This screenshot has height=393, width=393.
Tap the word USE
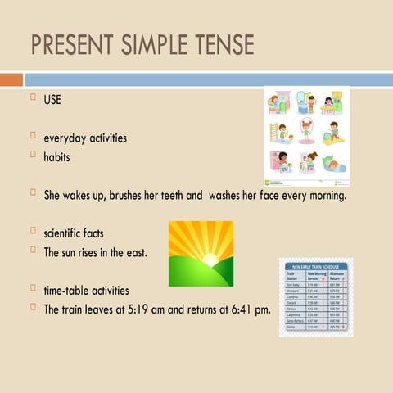tap(52, 102)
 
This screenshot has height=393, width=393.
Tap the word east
tap(136, 251)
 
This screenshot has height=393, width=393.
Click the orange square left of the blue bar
tap(11, 79)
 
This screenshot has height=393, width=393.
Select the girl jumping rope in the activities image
tap(308, 131)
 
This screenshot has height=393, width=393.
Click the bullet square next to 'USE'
tap(34, 100)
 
